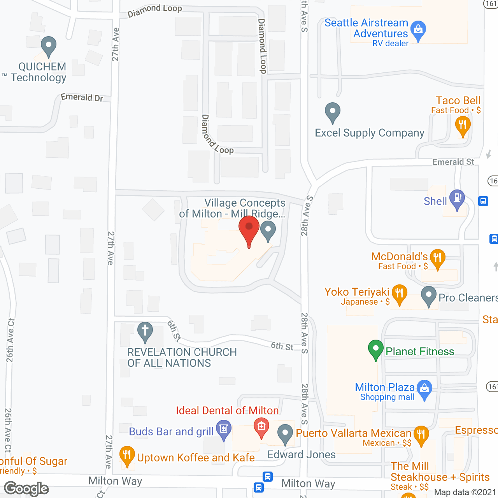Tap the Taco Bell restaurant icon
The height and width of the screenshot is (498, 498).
[x=463, y=126]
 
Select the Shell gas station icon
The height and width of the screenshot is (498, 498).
[x=457, y=198]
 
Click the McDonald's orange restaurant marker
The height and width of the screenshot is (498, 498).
[x=438, y=258]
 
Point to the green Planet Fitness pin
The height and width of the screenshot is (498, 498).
[x=375, y=349]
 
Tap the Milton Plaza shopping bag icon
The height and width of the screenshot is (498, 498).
[x=424, y=389]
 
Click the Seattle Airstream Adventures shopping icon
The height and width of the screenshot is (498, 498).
[x=418, y=30]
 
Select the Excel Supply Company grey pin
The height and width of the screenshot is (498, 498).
[x=333, y=112]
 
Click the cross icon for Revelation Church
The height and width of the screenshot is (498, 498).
[x=145, y=331]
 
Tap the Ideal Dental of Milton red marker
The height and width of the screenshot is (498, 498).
[x=261, y=427]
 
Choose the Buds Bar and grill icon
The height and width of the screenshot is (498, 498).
[x=224, y=430]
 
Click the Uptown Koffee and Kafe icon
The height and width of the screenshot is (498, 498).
[x=127, y=455]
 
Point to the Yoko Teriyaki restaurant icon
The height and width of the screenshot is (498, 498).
[x=399, y=293]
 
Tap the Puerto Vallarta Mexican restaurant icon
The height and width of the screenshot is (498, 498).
[x=421, y=435]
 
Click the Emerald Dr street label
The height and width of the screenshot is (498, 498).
[x=82, y=97]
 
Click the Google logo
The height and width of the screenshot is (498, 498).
[x=26, y=489]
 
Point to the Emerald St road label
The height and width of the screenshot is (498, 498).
[x=453, y=162]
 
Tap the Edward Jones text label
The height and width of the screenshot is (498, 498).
[x=302, y=454]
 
